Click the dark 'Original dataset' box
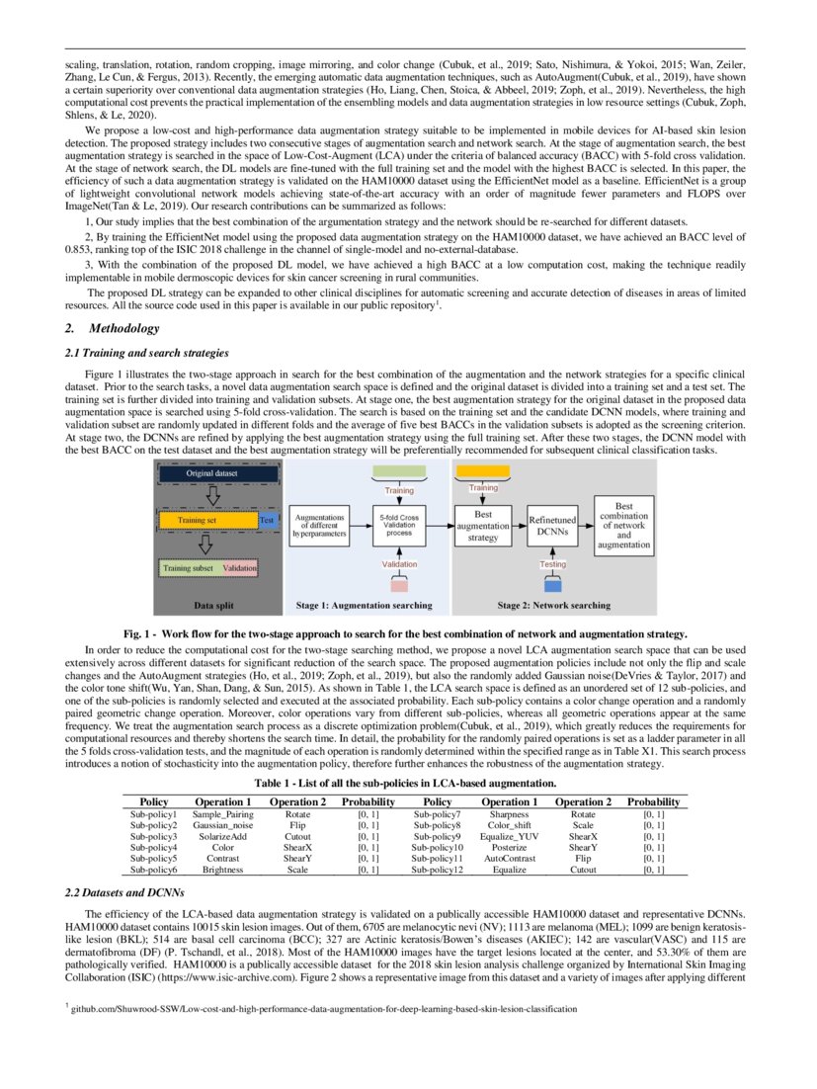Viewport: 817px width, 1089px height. (x=211, y=474)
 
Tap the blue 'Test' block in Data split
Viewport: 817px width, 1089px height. (x=266, y=520)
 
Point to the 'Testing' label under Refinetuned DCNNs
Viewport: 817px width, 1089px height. (x=552, y=563)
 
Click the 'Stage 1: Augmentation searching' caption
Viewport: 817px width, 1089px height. (x=364, y=604)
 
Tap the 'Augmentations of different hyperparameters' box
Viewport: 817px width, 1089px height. (x=320, y=526)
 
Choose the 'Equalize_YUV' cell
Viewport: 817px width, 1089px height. (x=512, y=836)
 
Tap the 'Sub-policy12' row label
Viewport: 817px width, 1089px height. (x=438, y=871)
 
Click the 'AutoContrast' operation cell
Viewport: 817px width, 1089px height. (x=512, y=859)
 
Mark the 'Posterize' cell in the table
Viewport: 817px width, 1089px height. (x=512, y=847)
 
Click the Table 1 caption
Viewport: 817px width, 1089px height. (x=408, y=782)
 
